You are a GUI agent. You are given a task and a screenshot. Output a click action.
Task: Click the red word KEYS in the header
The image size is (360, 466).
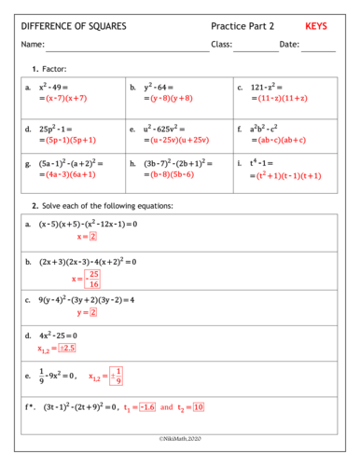coord(318,26)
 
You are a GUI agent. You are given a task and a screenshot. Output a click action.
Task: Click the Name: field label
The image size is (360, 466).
coord(33,45)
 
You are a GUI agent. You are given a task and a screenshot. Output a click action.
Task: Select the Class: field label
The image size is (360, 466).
coord(221,45)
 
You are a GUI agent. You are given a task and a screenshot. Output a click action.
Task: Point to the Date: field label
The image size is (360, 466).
coord(289,45)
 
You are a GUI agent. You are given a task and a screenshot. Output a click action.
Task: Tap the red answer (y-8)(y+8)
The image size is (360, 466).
coord(171,98)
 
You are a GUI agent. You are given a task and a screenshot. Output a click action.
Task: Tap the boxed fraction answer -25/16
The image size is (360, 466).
coord(91,279)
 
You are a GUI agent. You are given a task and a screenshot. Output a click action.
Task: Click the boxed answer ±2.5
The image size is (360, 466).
coord(66,348)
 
